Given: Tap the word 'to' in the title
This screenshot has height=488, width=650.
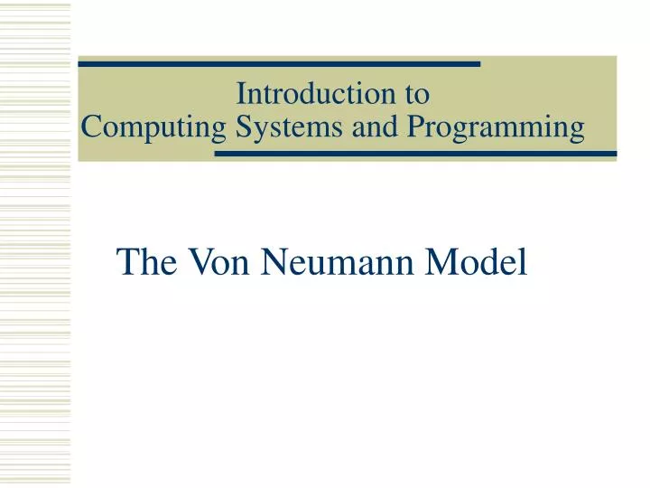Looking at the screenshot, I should point(417,93).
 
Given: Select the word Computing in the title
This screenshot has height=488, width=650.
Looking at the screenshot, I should point(153,128).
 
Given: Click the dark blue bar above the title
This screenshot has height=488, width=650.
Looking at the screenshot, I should point(280,64).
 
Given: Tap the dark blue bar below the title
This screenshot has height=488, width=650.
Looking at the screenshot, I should point(415,154).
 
